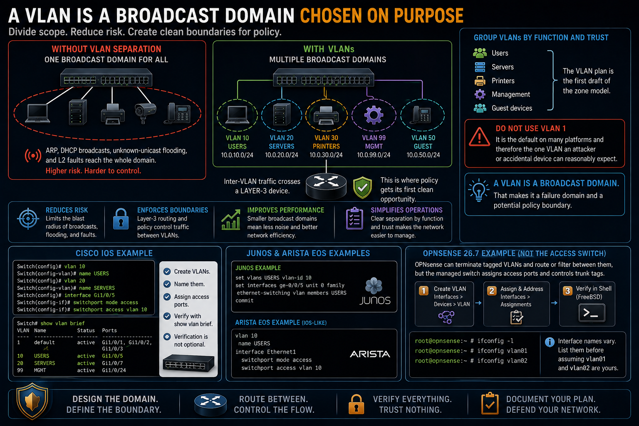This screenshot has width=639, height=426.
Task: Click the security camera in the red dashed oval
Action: pos(145,113)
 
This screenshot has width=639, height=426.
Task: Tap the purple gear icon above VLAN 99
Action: pos(374,115)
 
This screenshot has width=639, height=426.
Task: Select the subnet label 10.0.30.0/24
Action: pos(326,155)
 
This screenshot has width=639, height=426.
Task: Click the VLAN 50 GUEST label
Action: pos(424,142)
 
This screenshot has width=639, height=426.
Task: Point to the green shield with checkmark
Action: pos(362,187)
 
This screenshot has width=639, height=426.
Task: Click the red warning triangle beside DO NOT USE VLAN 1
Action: pos(480,136)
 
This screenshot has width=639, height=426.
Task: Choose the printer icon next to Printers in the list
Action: pos(480,81)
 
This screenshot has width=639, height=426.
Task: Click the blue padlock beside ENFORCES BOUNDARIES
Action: pos(121,219)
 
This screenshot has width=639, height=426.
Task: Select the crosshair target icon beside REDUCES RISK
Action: pos(28,219)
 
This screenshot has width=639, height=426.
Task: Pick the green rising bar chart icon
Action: pos(231,220)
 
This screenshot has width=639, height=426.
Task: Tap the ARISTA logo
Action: pos(370,354)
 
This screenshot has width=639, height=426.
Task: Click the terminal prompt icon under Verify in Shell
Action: pos(592,313)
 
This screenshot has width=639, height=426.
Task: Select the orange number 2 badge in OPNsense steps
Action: pos(492,291)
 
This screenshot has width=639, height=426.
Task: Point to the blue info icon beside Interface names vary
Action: pos(550,342)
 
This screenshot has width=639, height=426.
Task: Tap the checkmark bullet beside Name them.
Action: pos(167,284)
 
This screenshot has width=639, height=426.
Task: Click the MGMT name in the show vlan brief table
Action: pos(40,370)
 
